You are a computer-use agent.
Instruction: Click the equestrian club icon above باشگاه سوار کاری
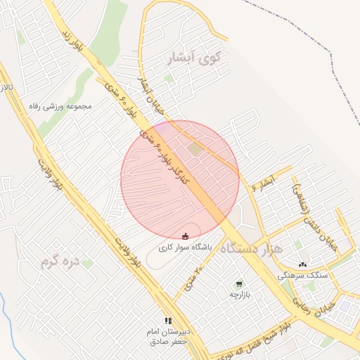click(185, 236)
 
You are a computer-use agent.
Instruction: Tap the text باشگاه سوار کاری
click(184, 247)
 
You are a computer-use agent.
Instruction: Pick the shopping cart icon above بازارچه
click(240, 283)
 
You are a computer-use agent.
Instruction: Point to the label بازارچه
click(240, 294)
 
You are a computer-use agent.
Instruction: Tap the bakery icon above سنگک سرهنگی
click(302, 264)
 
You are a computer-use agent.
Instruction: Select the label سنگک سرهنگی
click(302, 276)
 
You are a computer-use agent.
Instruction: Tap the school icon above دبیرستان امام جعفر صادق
click(168, 321)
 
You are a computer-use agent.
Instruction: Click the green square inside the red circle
click(195, 148)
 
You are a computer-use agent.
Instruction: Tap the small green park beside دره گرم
click(87, 263)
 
